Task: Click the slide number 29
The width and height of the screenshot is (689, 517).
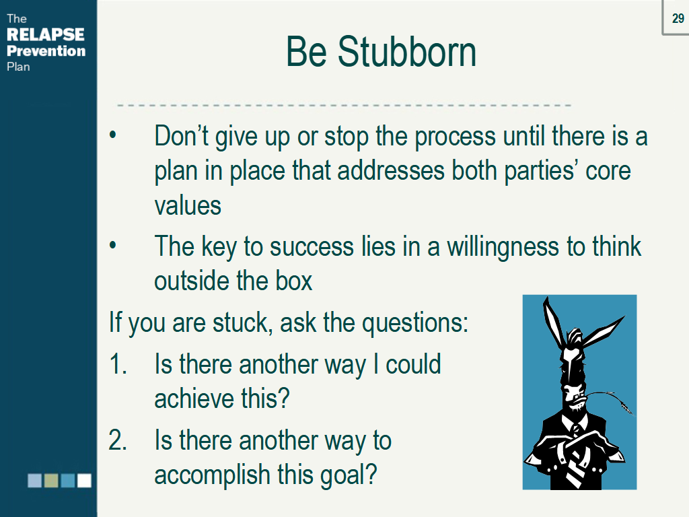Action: [x=678, y=18]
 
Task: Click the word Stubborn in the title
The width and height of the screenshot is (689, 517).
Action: [x=407, y=52]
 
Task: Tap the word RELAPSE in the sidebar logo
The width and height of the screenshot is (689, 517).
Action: [x=46, y=34]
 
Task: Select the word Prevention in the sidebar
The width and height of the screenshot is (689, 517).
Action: [x=46, y=50]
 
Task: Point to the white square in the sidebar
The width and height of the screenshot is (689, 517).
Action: [x=84, y=481]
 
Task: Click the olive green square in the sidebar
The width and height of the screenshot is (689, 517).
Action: [x=51, y=481]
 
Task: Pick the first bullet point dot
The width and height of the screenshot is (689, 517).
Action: [x=113, y=135]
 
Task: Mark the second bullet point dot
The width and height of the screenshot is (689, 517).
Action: [x=113, y=245]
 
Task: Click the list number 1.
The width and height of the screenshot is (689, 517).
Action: [x=118, y=364]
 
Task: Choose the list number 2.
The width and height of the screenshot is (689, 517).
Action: [x=118, y=440]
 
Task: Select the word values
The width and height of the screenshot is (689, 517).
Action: [x=188, y=206]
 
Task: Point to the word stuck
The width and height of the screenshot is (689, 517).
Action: [x=240, y=322]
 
